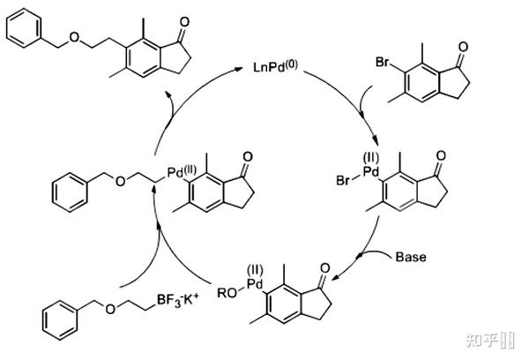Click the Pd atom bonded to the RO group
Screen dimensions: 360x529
click(x=256, y=283)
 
